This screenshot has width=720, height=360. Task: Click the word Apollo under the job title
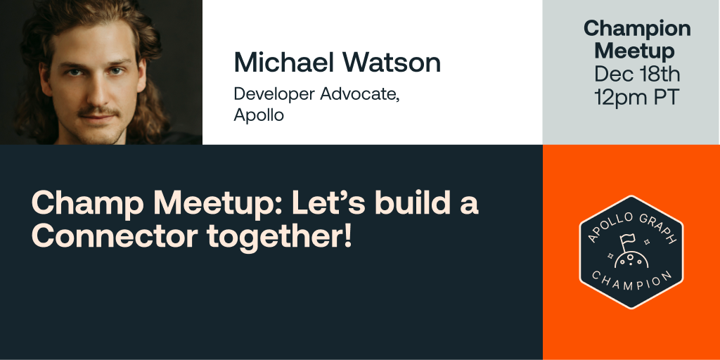[x=259, y=115]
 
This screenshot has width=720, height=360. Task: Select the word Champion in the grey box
[x=637, y=29]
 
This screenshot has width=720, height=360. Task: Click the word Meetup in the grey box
[x=634, y=51]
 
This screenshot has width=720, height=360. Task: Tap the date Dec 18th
[x=637, y=74]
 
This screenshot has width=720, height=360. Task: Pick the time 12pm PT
[x=637, y=97]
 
